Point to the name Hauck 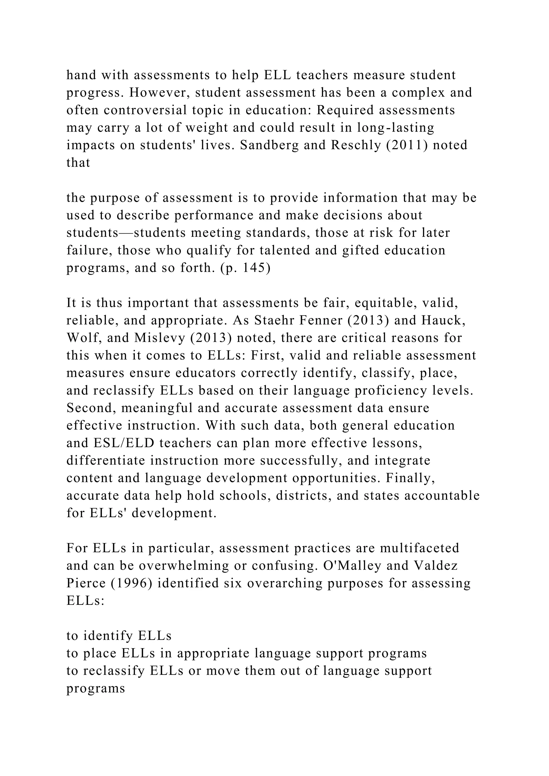[443, 320]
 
